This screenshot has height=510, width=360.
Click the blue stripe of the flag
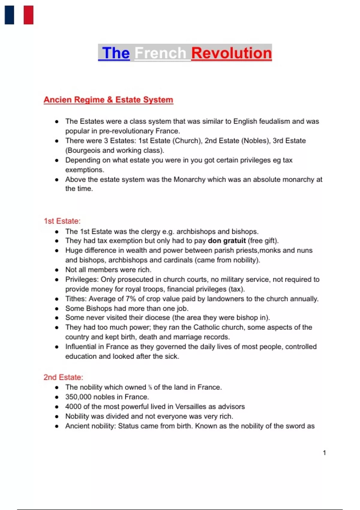coord(9,15)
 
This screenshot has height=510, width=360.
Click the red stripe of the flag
coord(28,15)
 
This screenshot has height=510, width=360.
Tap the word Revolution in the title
coord(231,53)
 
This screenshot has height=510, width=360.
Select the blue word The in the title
coord(116,53)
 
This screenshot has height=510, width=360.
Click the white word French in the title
coord(160,53)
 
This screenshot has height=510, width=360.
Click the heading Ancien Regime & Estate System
coord(108,100)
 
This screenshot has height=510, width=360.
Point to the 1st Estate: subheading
coord(62,221)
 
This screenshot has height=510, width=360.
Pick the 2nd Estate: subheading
coord(63,377)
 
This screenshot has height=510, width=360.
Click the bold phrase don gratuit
coord(227,241)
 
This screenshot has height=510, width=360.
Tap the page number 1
coord(324,453)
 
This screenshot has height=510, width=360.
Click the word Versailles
coord(191,406)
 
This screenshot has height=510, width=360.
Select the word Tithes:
coord(76,299)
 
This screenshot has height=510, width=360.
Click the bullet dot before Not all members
coord(57,270)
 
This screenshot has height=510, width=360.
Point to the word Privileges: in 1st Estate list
coord(82,279)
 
